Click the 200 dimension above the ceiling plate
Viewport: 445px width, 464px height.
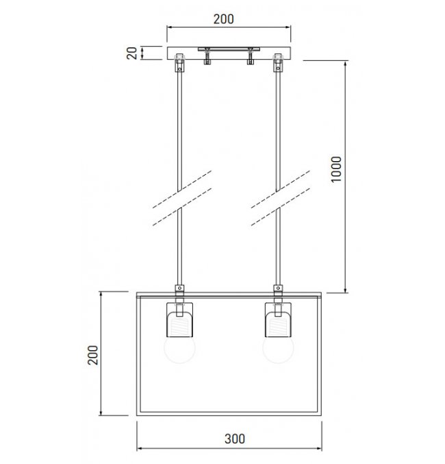pos(224,19)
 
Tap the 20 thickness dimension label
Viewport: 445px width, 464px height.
pos(132,53)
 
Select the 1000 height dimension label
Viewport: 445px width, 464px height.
pos(336,169)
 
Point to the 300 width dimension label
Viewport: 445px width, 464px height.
pos(235,439)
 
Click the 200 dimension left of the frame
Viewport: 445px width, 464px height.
pos(93,355)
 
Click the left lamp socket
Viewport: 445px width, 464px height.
pos(180,319)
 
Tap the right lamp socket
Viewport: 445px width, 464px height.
pos(278,319)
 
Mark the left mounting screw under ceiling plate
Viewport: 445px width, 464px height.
pos(207,56)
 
